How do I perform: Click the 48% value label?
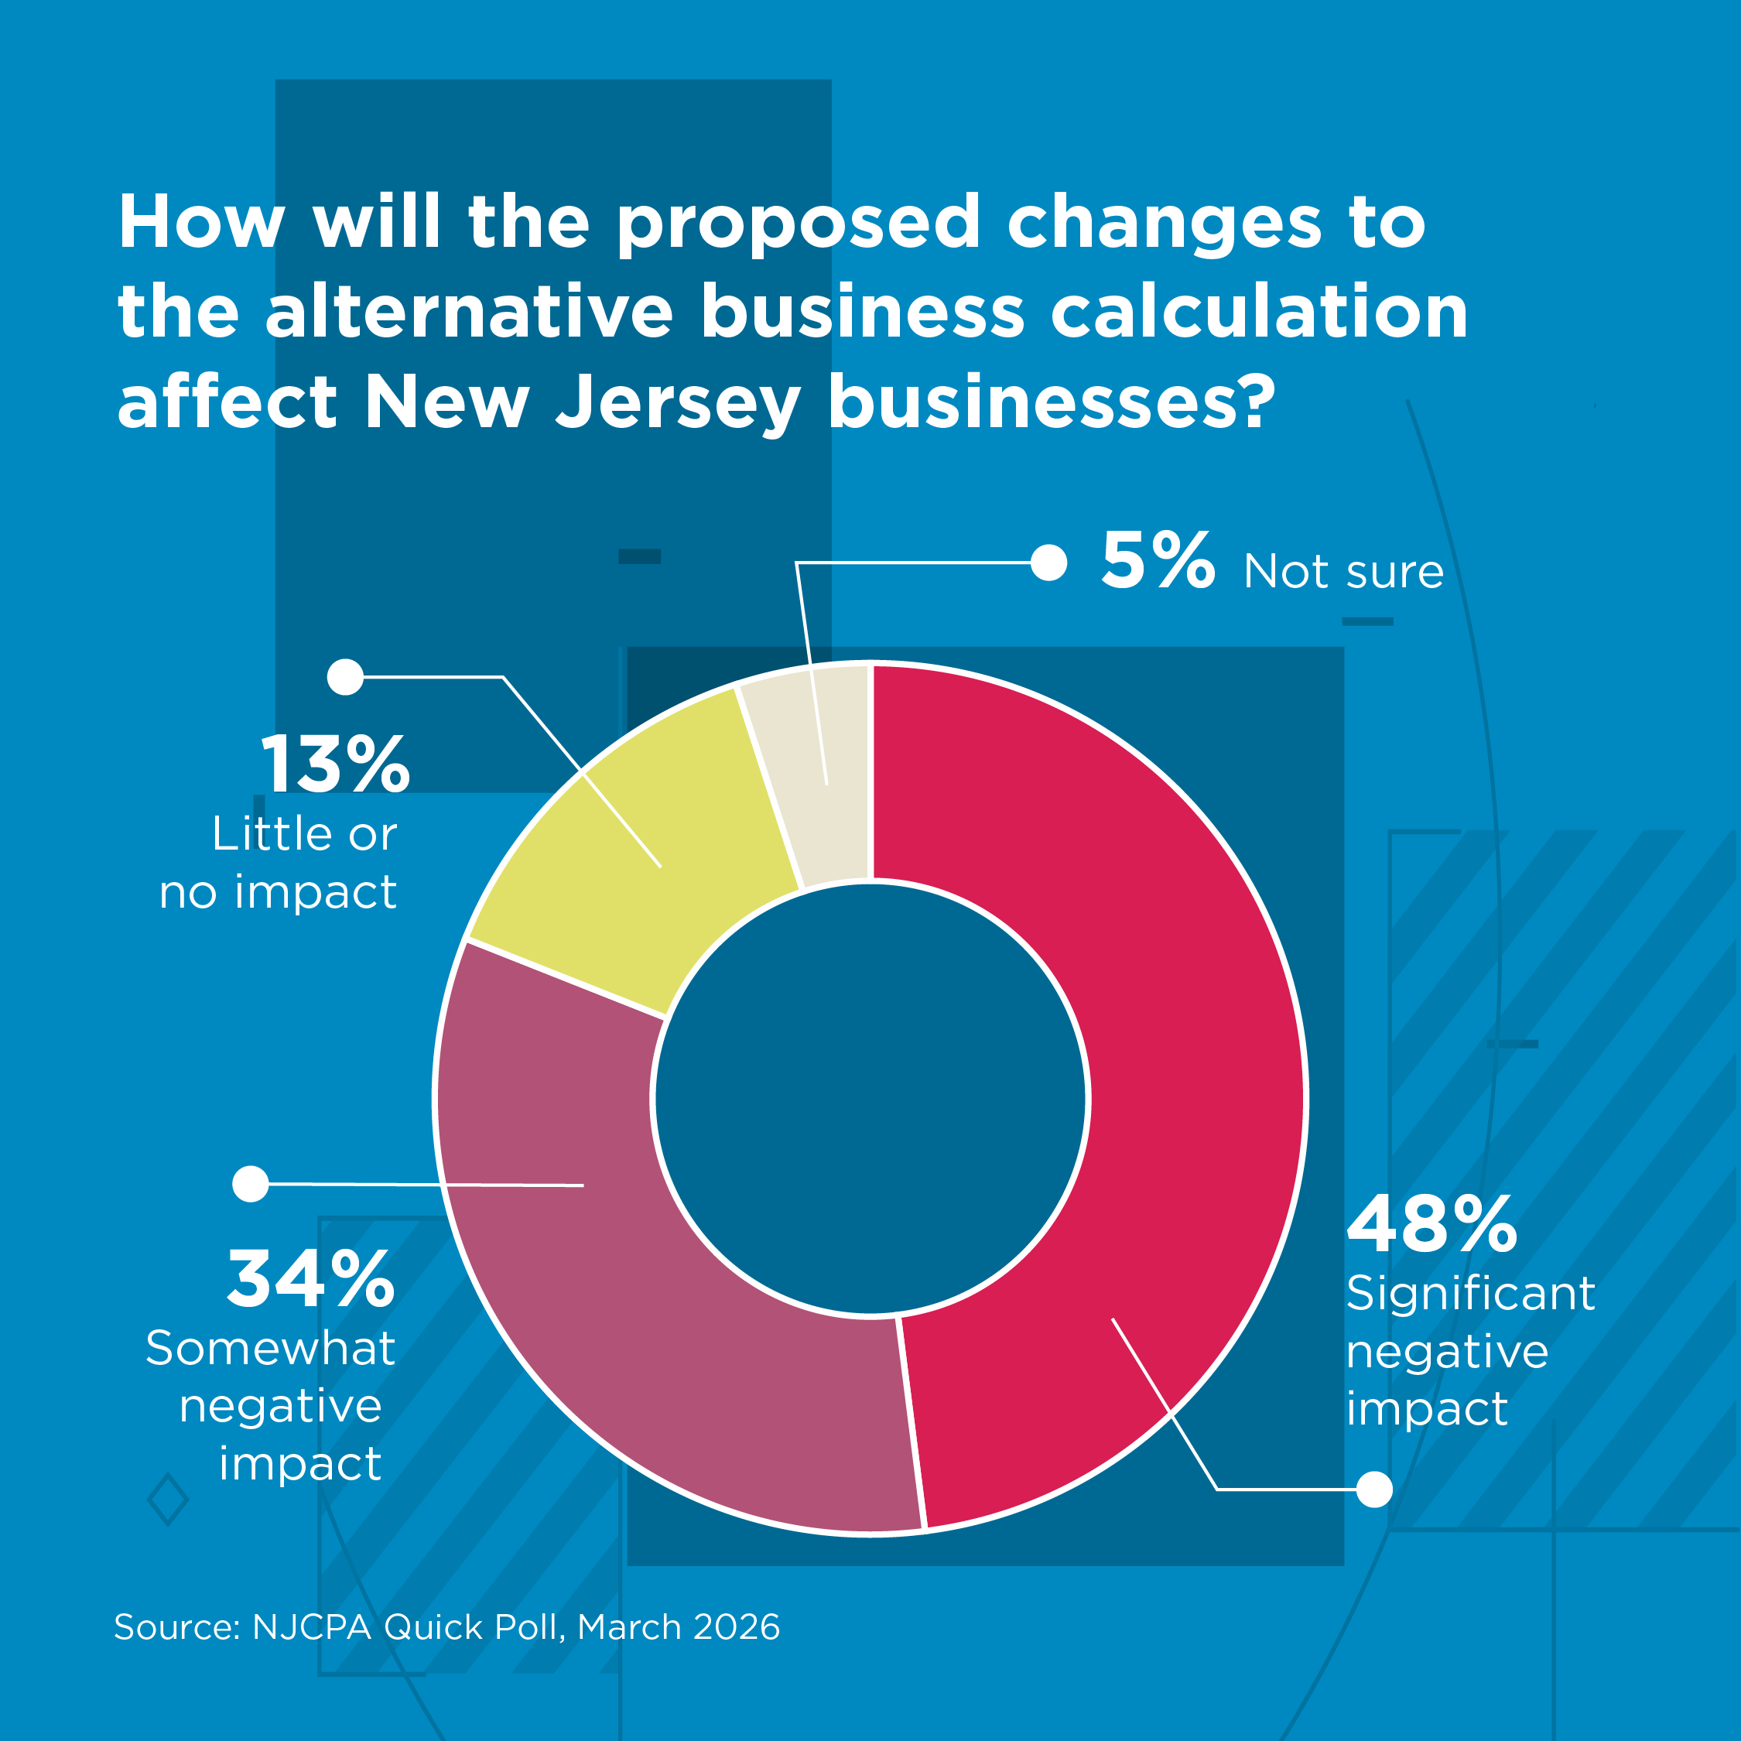(x=1431, y=1226)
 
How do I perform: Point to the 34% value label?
(x=311, y=1279)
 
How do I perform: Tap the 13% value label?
(x=334, y=765)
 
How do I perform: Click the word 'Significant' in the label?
(x=1469, y=1294)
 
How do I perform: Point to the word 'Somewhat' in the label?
(x=270, y=1349)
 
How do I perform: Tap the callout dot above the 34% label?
(x=251, y=1183)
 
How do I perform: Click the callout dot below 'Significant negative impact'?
(x=1374, y=1489)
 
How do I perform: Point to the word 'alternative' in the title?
(x=469, y=313)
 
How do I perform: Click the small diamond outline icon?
(x=168, y=1500)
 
